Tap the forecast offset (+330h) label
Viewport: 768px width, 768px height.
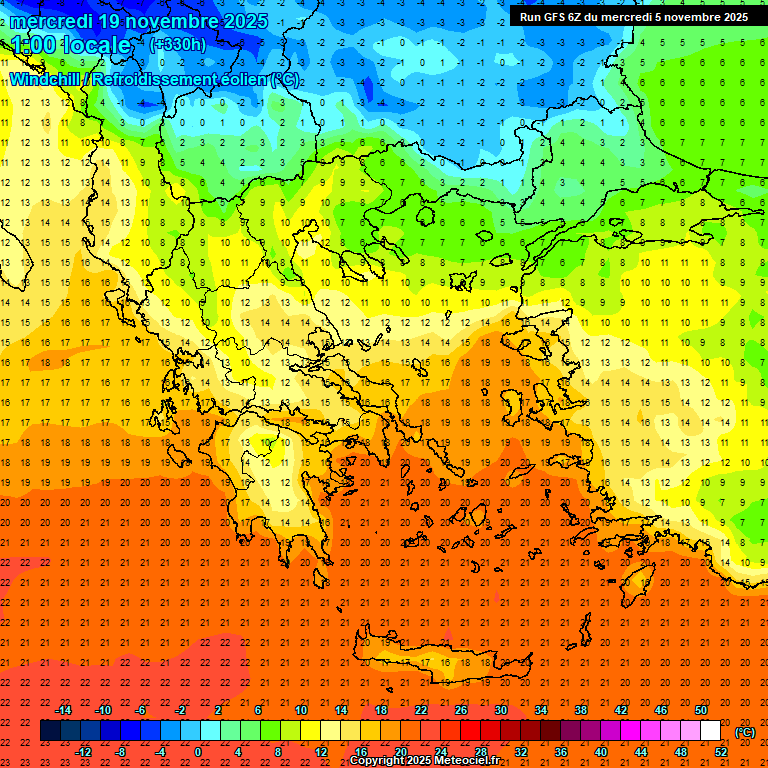(x=178, y=44)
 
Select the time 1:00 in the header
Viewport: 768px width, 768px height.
(x=32, y=45)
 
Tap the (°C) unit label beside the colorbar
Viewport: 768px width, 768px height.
(x=745, y=732)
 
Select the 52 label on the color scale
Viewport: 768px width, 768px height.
(x=721, y=752)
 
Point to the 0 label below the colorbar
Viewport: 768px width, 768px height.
(x=198, y=752)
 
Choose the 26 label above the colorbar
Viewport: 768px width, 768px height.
(x=461, y=710)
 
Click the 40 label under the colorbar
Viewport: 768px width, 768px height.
(x=600, y=752)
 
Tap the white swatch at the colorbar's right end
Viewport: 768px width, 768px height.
(x=710, y=731)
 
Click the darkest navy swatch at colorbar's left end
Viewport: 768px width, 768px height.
(x=50, y=731)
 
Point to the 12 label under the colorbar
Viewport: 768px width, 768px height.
(x=321, y=752)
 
